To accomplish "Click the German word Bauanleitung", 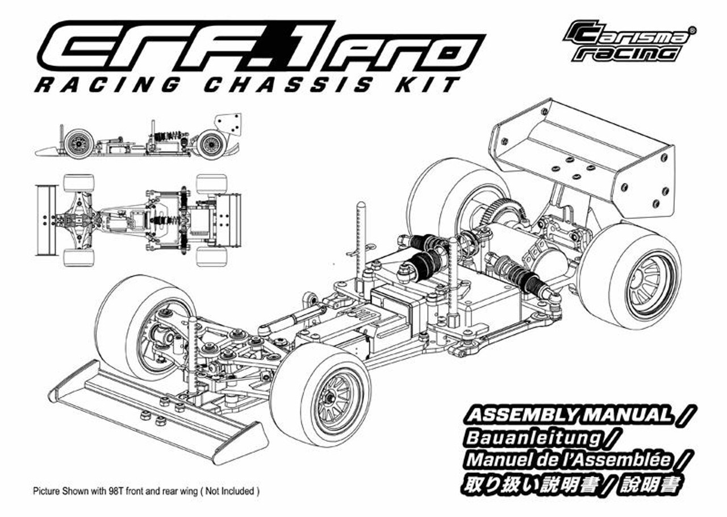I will click(532, 437).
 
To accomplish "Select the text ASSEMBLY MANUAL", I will click(568, 415).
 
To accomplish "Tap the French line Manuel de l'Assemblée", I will click(568, 460).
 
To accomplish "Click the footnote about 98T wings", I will click(147, 490).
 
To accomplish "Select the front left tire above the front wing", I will click(136, 324).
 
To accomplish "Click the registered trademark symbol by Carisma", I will click(691, 30).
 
